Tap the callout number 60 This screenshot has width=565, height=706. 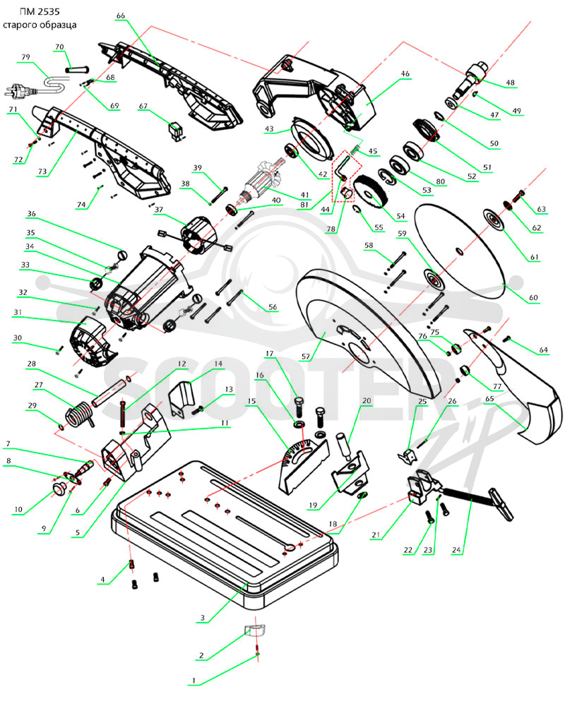click(x=533, y=298)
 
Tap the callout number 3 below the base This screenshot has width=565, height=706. click(x=203, y=618)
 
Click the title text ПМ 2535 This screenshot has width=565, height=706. click(x=40, y=12)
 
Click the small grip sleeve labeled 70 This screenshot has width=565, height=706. click(x=77, y=69)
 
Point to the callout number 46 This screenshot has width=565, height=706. click(x=405, y=74)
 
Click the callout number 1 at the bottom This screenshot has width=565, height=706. click(x=194, y=681)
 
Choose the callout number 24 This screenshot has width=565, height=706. click(x=456, y=549)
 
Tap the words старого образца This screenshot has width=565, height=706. click(x=40, y=25)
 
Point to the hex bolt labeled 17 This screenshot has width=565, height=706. click(x=299, y=408)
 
